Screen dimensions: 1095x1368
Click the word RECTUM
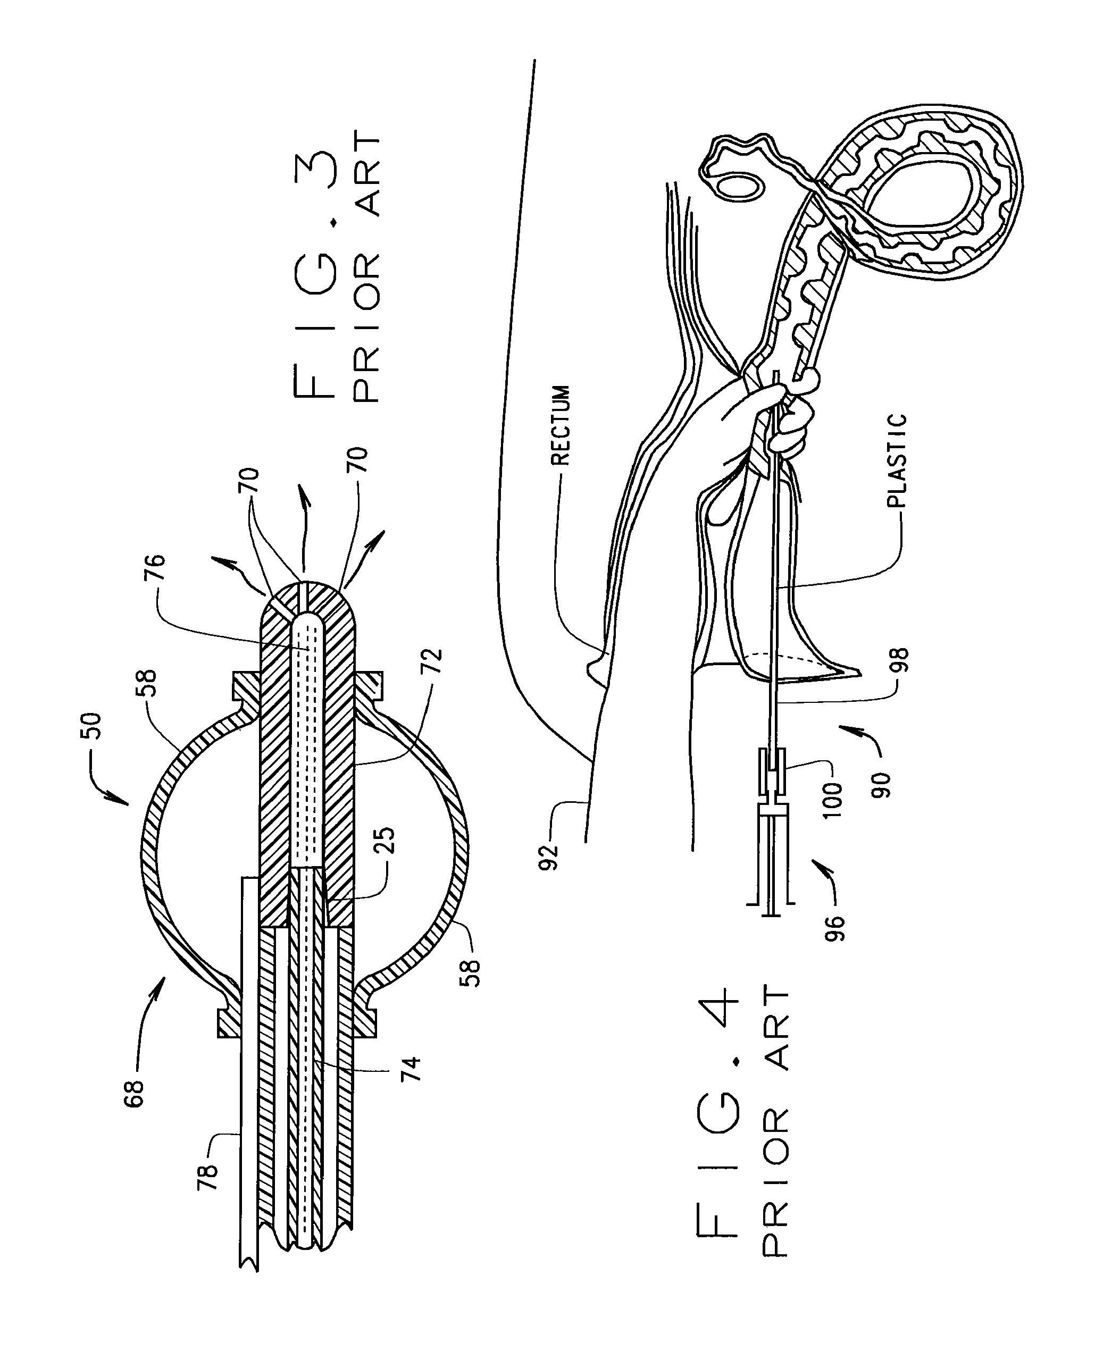(x=561, y=425)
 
